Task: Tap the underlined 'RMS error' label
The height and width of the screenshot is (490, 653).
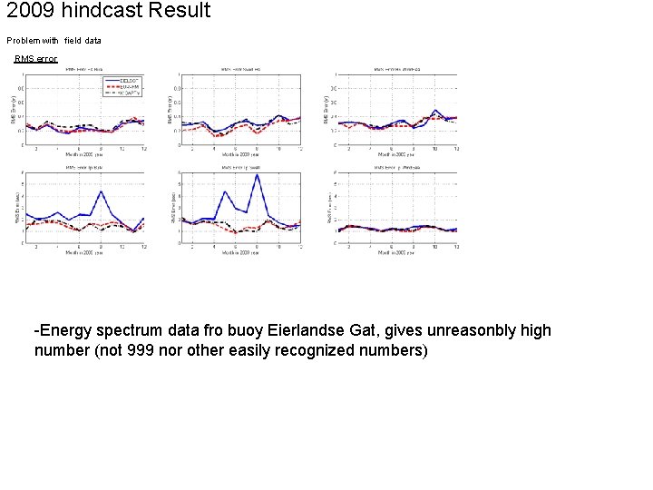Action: pos(36,59)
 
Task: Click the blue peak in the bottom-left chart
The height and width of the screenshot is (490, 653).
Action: pos(101,191)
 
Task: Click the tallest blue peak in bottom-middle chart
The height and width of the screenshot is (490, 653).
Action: pos(257,175)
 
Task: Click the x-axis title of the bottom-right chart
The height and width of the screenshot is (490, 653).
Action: pos(397,253)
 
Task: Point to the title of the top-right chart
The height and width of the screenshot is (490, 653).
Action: pos(396,69)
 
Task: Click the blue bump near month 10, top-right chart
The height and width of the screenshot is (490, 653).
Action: pos(435,111)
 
